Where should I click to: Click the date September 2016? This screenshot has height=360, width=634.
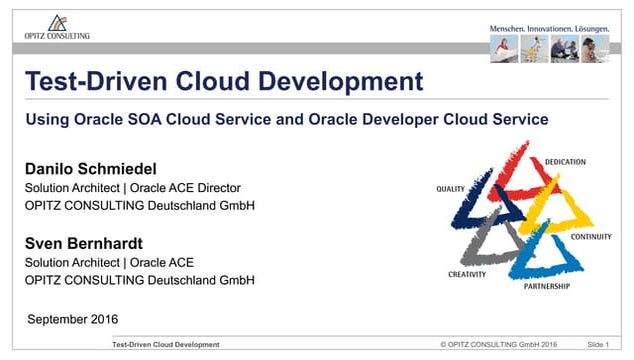pos(72,319)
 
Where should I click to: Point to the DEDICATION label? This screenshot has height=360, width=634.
pos(565,161)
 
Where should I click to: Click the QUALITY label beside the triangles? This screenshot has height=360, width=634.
pos(452,188)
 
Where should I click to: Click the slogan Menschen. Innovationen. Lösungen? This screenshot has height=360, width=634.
pos(549,29)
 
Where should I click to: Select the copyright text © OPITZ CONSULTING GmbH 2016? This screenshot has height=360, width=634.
pos(498,345)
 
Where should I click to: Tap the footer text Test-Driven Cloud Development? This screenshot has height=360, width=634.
pos(166,345)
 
